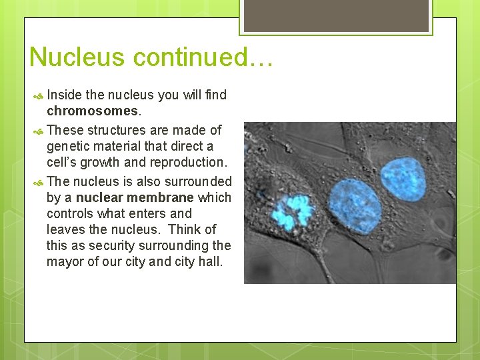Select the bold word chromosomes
93,111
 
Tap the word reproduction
189,163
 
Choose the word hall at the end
210,261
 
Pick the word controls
69,213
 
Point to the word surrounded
199,181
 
